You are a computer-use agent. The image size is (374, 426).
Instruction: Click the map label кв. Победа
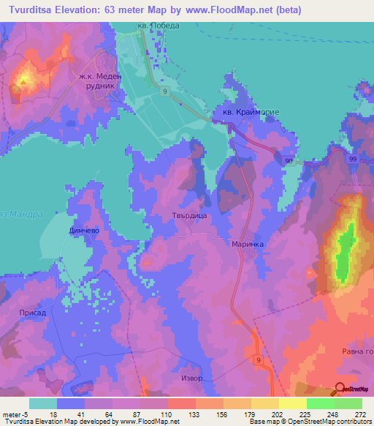tap(158, 26)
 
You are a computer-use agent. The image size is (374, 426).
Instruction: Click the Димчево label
tap(84, 230)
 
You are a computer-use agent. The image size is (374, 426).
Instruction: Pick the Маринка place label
tap(246, 244)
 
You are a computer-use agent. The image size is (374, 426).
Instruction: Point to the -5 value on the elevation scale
tap(18, 414)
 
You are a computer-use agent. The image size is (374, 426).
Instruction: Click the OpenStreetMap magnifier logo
tap(340, 389)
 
